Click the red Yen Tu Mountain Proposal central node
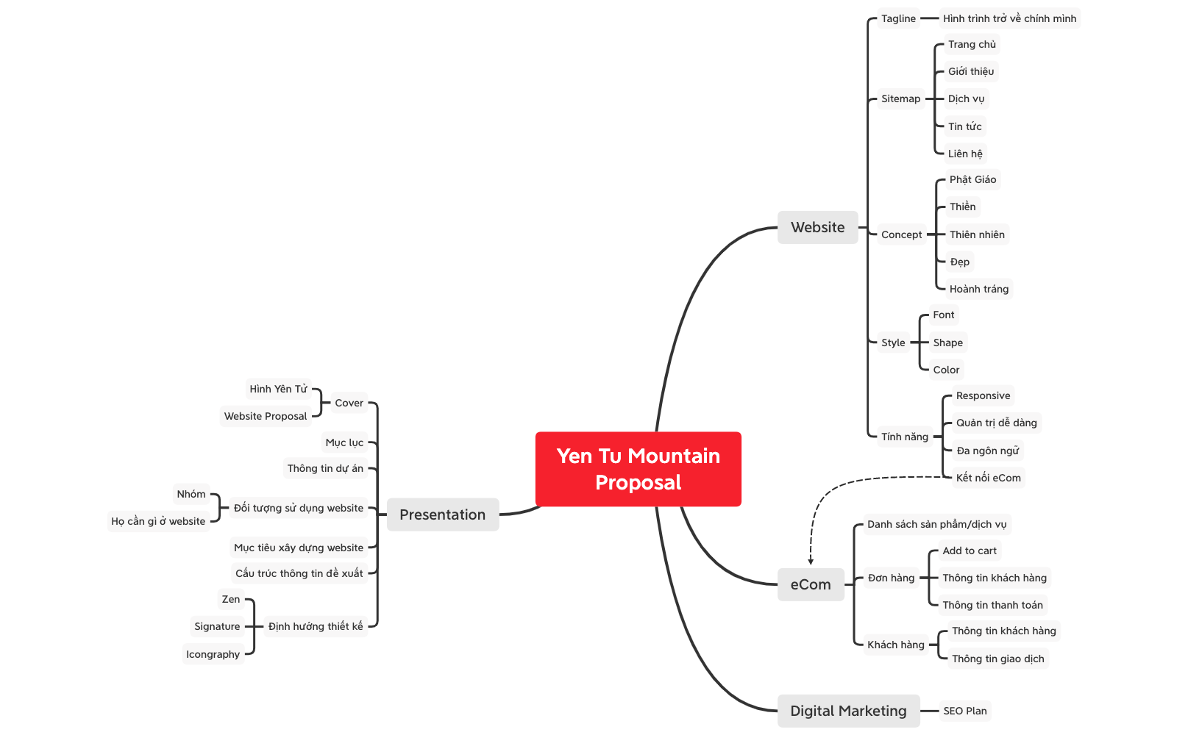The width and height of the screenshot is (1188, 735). (638, 469)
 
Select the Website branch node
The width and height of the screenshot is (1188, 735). (817, 227)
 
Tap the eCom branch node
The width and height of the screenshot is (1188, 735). (811, 584)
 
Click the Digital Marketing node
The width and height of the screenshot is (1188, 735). (848, 711)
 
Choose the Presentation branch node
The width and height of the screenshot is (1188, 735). (442, 514)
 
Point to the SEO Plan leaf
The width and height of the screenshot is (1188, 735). (964, 711)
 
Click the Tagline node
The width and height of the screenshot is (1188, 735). (898, 18)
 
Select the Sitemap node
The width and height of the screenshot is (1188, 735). (900, 98)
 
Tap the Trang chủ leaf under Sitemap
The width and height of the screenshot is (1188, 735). (971, 44)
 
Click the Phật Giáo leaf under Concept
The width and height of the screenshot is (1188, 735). (972, 179)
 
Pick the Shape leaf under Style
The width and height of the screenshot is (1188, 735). (947, 343)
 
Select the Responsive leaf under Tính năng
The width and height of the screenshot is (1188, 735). (983, 395)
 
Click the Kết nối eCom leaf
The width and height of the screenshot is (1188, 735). (988, 478)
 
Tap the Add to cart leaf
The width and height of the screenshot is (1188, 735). (970, 551)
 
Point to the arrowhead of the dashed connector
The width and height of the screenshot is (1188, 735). (811, 562)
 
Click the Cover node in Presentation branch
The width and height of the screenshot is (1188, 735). (349, 403)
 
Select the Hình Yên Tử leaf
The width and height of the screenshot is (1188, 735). (278, 389)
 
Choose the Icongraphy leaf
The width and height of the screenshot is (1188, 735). (213, 654)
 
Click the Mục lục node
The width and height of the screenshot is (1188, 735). (344, 442)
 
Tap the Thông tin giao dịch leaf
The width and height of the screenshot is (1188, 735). (997, 659)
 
